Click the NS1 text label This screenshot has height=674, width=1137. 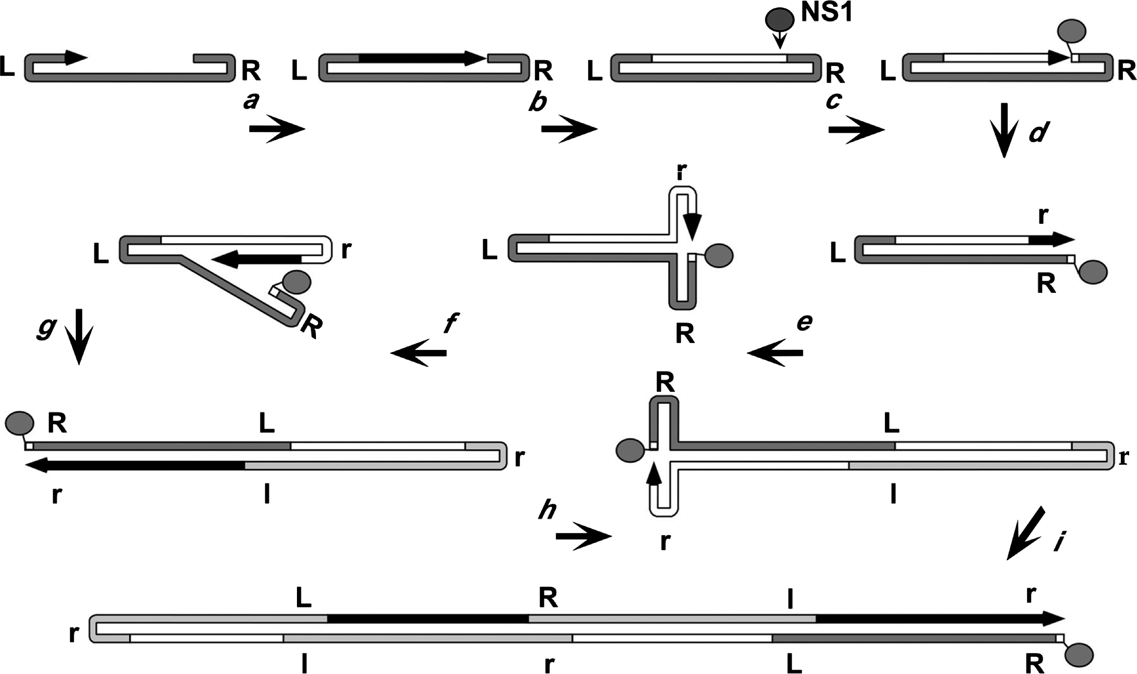click(827, 12)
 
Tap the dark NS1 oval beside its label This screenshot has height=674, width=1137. click(779, 20)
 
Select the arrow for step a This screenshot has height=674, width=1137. click(277, 129)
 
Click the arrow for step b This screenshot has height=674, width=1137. click(569, 129)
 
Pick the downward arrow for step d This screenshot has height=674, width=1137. click(1004, 130)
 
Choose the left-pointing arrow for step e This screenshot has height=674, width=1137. click(775, 352)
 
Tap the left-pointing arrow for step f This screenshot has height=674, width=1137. click(419, 352)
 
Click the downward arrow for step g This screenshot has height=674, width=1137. click(79, 337)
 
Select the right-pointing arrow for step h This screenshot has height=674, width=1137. click(584, 536)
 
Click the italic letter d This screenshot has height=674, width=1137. click(1039, 132)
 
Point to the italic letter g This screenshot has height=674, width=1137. click(47, 328)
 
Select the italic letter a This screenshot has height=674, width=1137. click(251, 101)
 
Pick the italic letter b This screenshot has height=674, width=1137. click(538, 102)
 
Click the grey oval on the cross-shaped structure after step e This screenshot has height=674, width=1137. click(719, 255)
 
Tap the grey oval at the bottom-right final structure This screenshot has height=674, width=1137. click(1079, 655)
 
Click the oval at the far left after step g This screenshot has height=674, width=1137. click(20, 423)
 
